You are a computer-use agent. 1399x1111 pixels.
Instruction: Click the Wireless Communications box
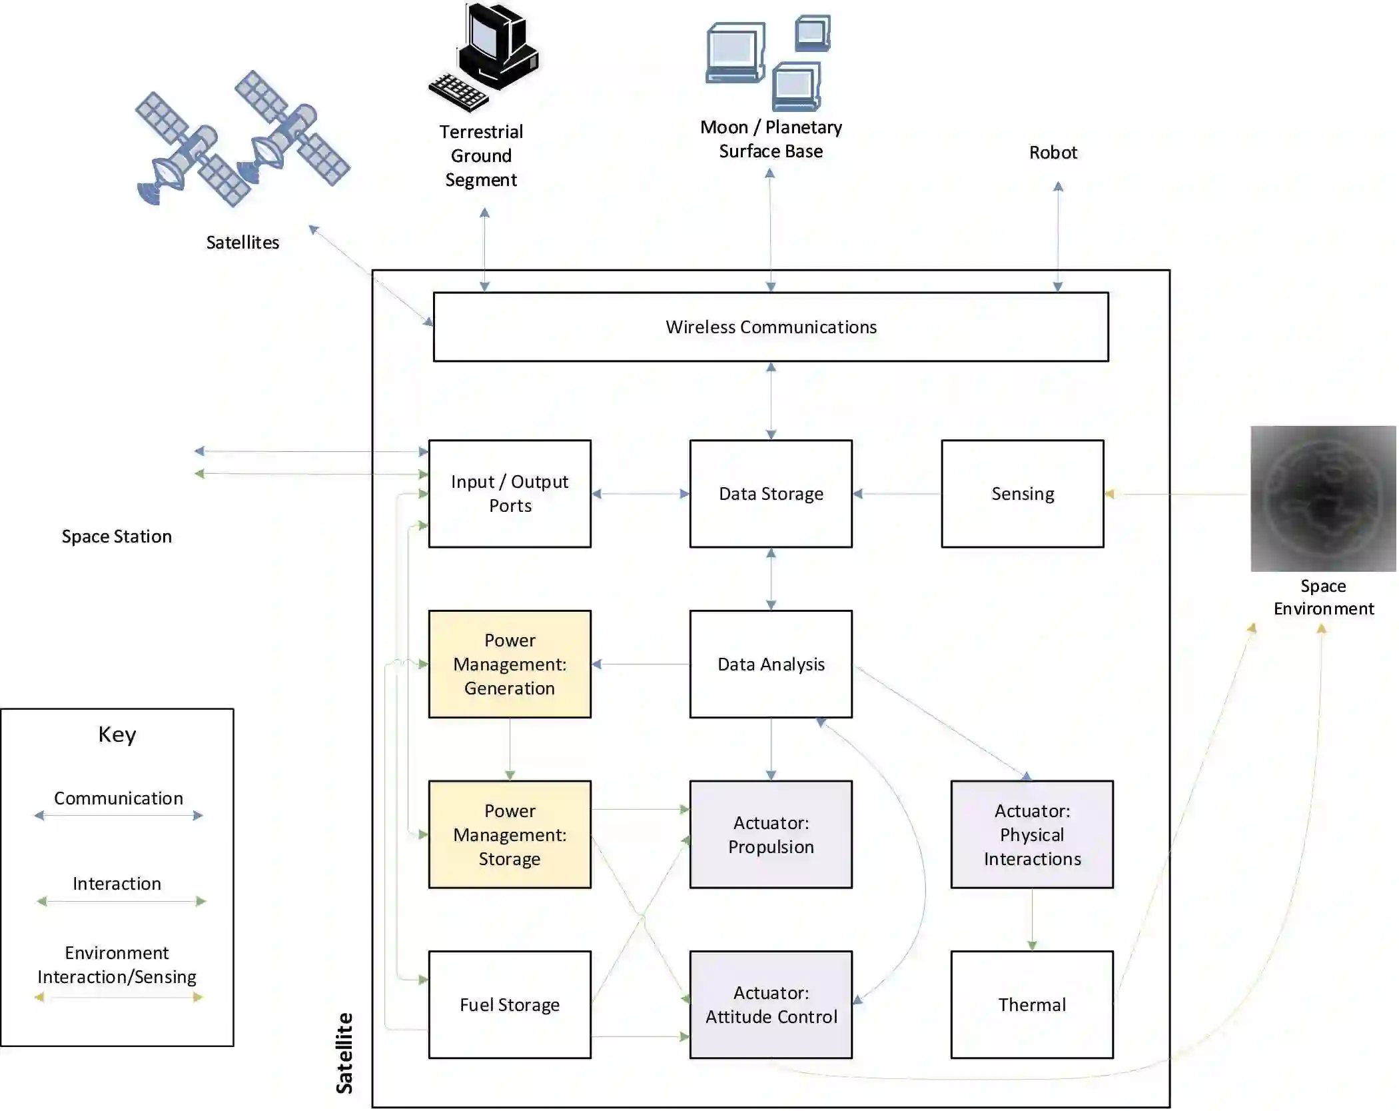771,327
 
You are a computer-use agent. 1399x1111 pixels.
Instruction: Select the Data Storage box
771,494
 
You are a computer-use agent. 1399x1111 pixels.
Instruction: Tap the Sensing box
1023,494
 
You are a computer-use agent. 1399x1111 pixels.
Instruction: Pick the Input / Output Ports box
510,494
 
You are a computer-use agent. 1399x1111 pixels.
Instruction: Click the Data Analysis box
771,664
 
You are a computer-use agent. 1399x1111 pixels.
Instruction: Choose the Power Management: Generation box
510,664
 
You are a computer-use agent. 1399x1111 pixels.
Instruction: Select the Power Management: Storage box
510,834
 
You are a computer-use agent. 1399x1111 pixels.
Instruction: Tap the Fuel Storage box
510,1004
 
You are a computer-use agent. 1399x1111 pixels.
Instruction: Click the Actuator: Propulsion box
771,834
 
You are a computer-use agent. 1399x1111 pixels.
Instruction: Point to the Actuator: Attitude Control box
771,1004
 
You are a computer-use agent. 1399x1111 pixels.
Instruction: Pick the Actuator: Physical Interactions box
1032,834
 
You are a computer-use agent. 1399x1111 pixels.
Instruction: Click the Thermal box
1032,1004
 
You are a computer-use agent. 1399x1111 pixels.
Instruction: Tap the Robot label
1053,153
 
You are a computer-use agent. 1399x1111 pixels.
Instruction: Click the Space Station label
117,537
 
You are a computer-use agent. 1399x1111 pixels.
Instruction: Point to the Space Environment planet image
1323,499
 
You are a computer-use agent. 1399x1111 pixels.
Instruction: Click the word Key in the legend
117,734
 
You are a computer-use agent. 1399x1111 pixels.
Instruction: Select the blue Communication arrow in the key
119,815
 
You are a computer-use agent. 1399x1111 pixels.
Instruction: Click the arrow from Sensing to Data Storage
897,494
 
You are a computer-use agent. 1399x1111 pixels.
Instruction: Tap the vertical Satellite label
344,1053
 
